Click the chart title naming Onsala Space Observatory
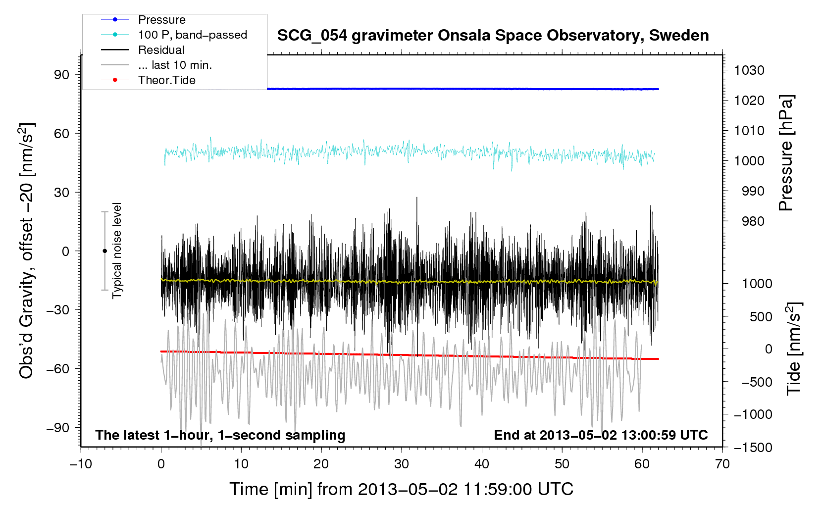[x=493, y=36]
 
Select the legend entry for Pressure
[x=161, y=20]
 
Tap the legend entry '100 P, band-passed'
[x=192, y=35]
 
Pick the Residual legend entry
[x=161, y=50]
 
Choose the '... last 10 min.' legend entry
[x=175, y=65]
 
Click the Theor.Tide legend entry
[x=166, y=80]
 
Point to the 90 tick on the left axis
[x=62, y=74]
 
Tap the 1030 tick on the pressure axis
[x=749, y=70]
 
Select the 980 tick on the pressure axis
[x=753, y=221]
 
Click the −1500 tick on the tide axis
[x=753, y=448]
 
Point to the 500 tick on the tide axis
[x=761, y=317]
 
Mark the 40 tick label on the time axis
[x=482, y=464]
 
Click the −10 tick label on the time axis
[x=81, y=464]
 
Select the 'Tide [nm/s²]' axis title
[x=794, y=349]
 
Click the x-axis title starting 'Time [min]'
[x=401, y=489]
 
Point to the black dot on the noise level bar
[x=104, y=251]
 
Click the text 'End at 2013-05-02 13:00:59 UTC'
[x=601, y=435]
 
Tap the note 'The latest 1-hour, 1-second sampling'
[x=220, y=435]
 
